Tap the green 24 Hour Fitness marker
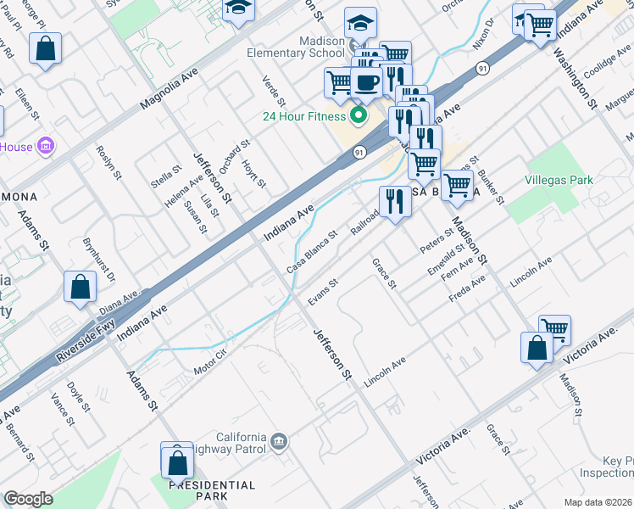tap(358, 116)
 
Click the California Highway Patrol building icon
tap(281, 440)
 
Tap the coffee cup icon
tap(367, 82)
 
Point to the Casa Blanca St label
tap(312, 251)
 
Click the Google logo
tap(28, 499)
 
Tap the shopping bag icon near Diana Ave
tap(80, 286)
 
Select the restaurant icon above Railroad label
tap(395, 201)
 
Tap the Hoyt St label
tap(254, 173)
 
